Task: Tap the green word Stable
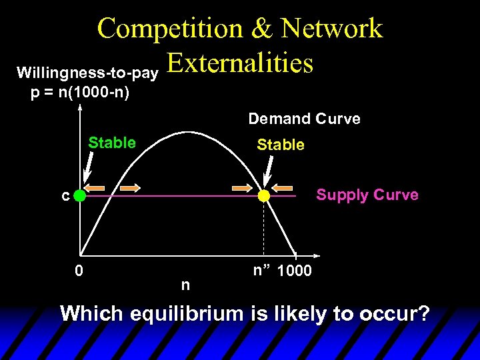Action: coord(112,143)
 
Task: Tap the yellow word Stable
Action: coord(281,145)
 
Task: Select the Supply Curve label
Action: coord(367,195)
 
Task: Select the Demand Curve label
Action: coord(304,119)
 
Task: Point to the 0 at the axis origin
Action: coord(79,271)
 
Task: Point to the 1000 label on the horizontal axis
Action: coord(293,271)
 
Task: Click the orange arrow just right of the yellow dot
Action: coord(284,187)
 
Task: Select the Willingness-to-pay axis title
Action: coord(87,71)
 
